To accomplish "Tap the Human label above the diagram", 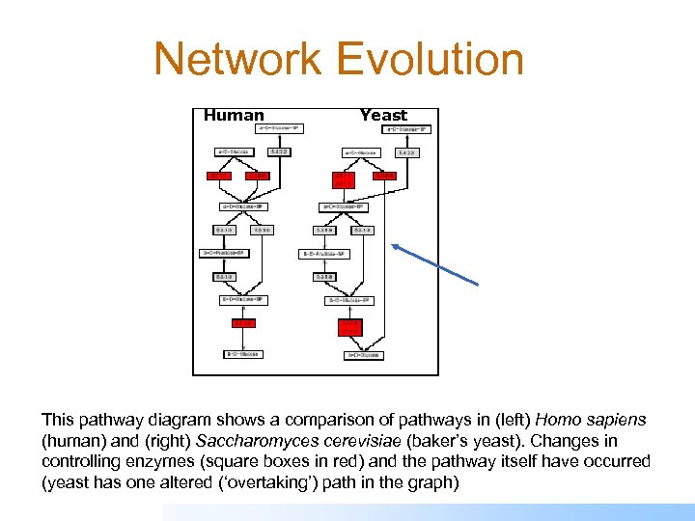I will (x=234, y=116).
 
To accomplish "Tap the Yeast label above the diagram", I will (x=383, y=116).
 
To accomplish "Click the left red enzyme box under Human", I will (x=221, y=176).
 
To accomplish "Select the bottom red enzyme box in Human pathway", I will (x=243, y=324).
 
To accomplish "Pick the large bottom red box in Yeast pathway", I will (x=349, y=327).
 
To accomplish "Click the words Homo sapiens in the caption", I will (x=590, y=421).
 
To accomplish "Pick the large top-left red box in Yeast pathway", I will (x=344, y=179).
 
